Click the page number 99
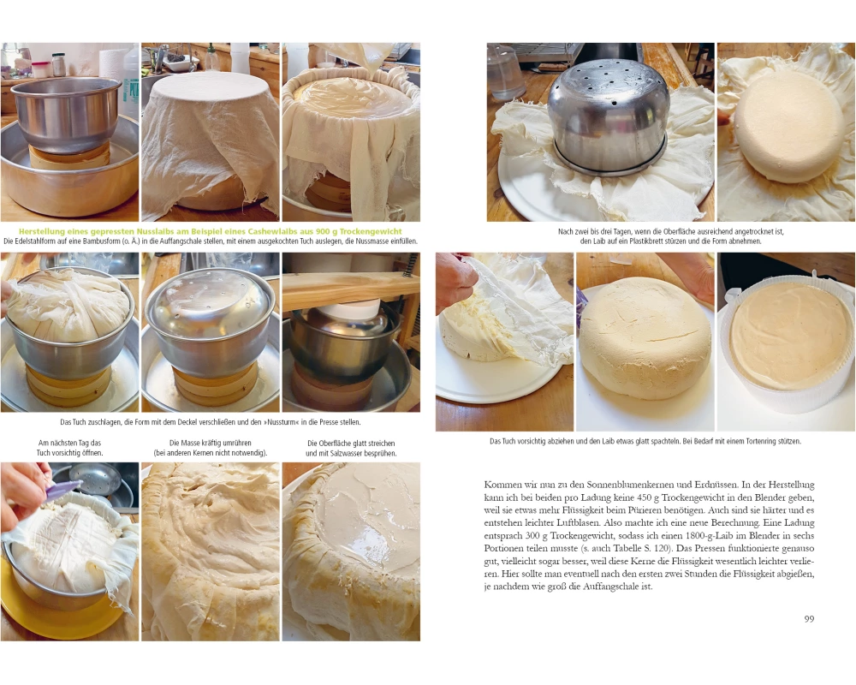(809, 619)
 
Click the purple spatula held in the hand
(61, 490)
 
